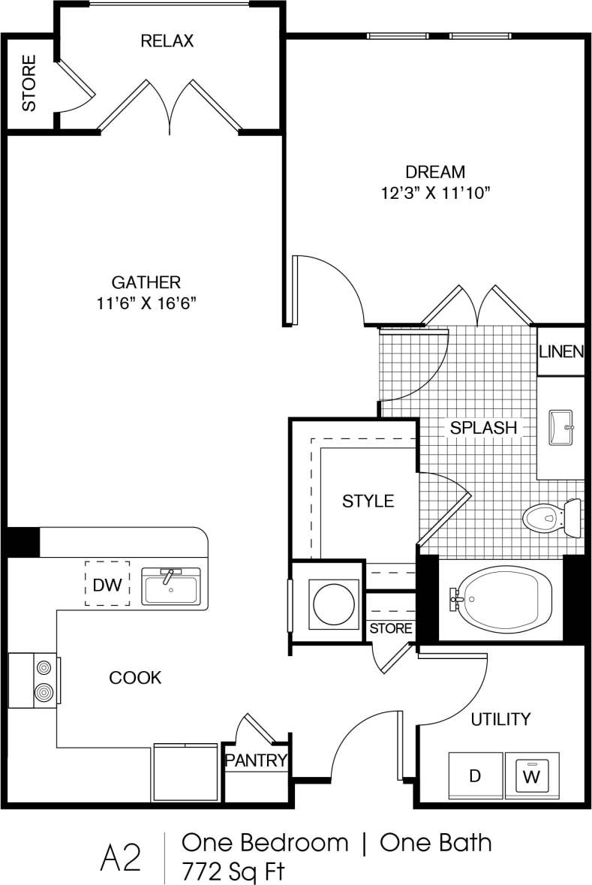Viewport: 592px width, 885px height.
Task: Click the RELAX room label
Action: click(x=167, y=41)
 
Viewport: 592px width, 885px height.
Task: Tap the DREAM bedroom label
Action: click(x=435, y=172)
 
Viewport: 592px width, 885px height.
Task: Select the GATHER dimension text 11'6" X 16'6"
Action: click(x=146, y=303)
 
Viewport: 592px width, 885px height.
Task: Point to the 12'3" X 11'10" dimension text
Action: click(x=435, y=194)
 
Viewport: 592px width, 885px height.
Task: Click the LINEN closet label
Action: click(x=561, y=351)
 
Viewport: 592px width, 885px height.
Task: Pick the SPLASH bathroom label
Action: click(x=484, y=427)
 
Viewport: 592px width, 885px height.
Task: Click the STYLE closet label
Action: click(x=368, y=501)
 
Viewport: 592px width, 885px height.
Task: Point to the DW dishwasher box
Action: click(x=107, y=584)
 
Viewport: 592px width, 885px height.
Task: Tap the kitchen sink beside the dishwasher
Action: click(x=171, y=585)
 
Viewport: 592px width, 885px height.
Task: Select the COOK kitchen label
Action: click(x=135, y=678)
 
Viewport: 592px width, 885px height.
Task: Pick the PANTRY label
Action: click(x=257, y=760)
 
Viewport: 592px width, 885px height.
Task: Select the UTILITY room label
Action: click(x=500, y=719)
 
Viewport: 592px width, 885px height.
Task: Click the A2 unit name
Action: click(x=120, y=858)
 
